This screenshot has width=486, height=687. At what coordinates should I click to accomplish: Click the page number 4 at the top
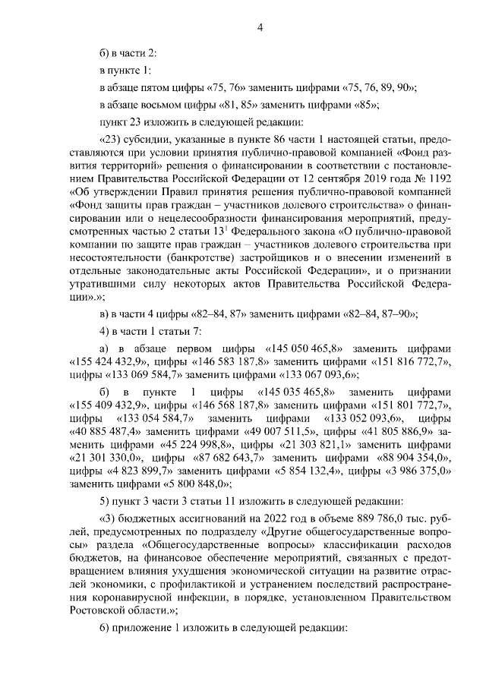click(x=260, y=29)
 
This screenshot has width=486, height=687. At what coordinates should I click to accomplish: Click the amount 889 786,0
click(x=346, y=518)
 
